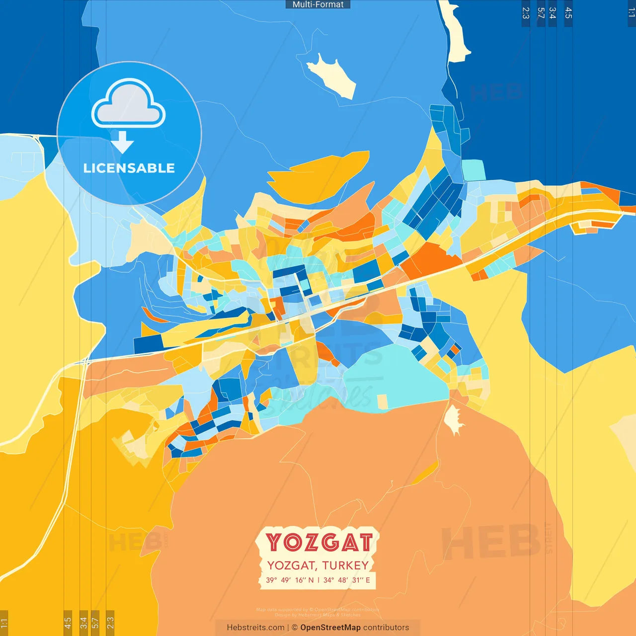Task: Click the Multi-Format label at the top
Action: coord(318,4)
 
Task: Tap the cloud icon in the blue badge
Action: coord(129,104)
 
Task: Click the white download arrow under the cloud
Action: coord(122,142)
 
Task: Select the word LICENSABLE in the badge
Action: coord(129,168)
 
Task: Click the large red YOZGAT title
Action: coord(318,542)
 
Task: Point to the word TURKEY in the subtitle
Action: coord(345,565)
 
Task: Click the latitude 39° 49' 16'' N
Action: coord(290,580)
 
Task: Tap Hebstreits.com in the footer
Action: coord(255,628)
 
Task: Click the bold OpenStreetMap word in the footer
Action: coord(330,628)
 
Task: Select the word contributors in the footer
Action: coord(386,628)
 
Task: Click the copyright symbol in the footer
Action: coord(295,628)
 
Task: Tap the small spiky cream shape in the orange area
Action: coord(453,418)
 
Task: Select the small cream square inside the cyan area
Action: coord(382,401)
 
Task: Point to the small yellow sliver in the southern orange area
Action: coord(425,474)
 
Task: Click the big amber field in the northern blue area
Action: coord(318,176)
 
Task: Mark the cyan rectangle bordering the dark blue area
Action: coord(474,170)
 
